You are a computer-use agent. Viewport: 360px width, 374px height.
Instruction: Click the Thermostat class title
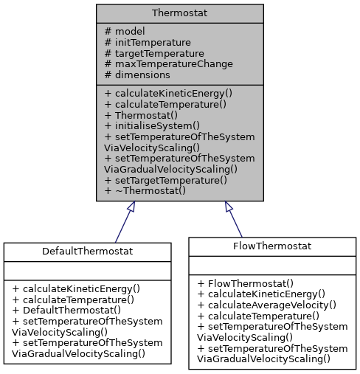coord(179,13)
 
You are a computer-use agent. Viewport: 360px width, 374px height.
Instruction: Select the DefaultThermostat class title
coord(88,252)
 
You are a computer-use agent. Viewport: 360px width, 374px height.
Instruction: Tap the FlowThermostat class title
coord(271,246)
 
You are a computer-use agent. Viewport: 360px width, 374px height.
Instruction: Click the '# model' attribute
coord(125,32)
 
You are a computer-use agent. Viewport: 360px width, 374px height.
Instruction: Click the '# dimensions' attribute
coord(137,75)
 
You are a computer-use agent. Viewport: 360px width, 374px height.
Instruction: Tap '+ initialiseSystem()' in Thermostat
coord(151,125)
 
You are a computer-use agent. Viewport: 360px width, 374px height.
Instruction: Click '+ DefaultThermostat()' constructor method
coord(70,310)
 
